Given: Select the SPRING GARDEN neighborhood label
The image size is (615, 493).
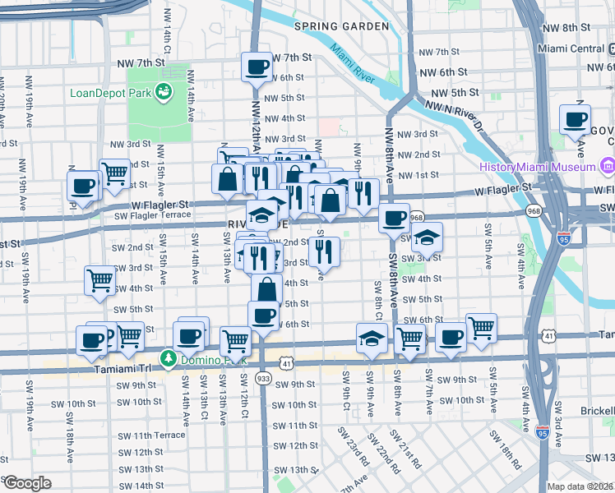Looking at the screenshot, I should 340,26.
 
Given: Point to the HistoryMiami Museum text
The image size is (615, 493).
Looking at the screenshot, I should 538,167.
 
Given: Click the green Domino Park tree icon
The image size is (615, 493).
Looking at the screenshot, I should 168,359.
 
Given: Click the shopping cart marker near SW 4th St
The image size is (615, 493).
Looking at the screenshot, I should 99,280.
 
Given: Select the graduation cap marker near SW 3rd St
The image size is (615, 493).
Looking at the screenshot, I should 426,237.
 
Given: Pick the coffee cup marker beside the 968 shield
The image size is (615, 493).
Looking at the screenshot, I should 395,218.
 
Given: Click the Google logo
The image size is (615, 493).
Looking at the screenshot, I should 26,483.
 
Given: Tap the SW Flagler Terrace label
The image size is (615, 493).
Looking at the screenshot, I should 153,215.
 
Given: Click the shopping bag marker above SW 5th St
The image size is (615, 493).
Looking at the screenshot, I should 268,289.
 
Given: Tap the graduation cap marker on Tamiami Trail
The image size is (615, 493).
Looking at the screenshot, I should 372,337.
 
